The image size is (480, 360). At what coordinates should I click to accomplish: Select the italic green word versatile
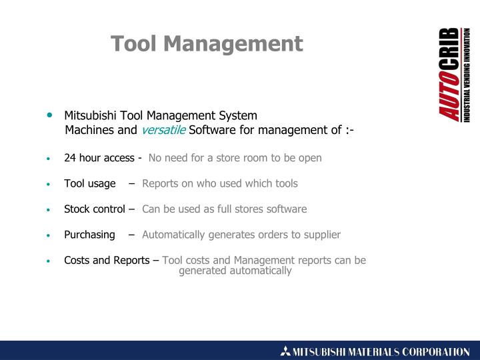pos(163,130)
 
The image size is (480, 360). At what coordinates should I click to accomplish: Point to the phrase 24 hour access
pos(99,158)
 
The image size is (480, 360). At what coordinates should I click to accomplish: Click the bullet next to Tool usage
pos(49,184)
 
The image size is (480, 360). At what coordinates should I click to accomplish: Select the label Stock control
pos(94,209)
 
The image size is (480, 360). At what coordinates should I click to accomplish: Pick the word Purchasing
pos(89,235)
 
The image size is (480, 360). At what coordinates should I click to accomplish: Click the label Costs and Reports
pos(107,260)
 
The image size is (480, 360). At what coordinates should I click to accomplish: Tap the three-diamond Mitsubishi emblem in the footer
pos(286,351)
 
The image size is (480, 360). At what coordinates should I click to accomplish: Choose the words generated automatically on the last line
pos(235,271)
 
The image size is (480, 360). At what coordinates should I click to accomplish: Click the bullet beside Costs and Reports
pos(49,261)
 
